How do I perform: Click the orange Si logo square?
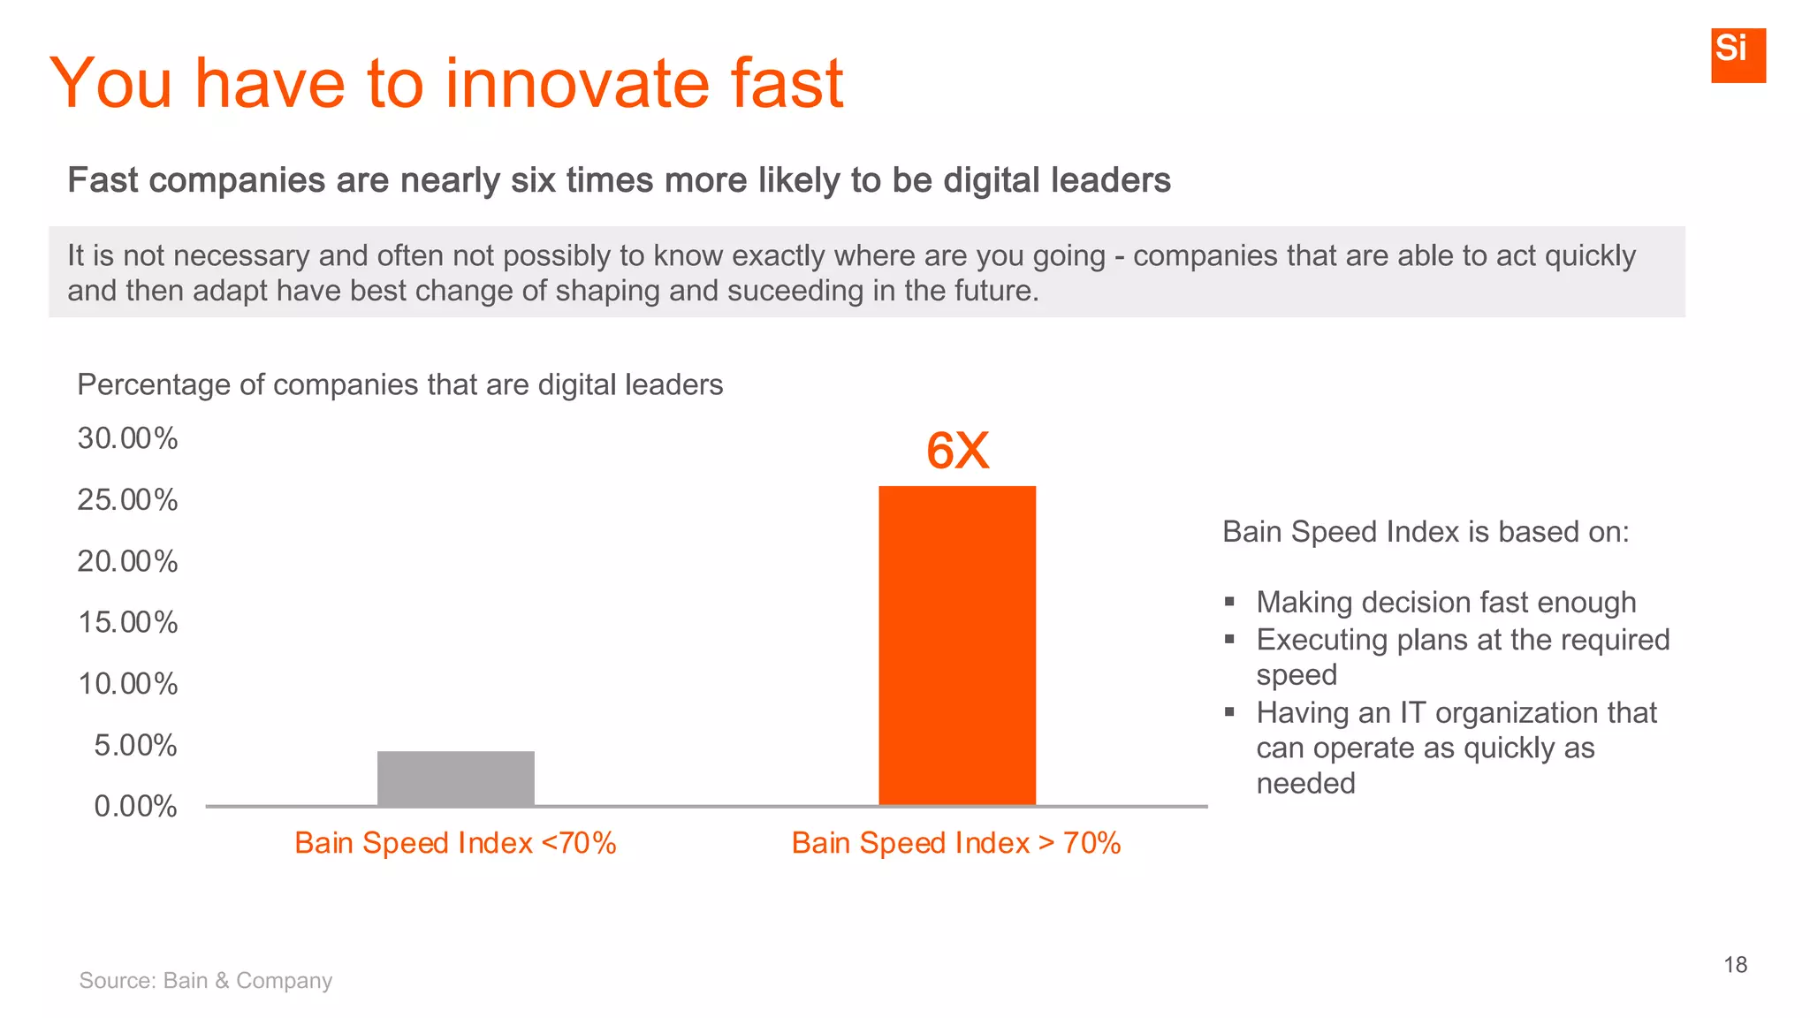(x=1738, y=55)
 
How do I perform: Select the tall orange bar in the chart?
(x=956, y=645)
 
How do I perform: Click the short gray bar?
(x=455, y=778)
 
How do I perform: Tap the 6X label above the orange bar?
(x=957, y=451)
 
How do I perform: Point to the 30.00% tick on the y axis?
(x=127, y=438)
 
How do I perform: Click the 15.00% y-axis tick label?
(x=127, y=622)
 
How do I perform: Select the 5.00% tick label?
(x=135, y=745)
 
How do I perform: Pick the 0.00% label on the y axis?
(x=135, y=806)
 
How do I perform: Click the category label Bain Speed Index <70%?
(x=455, y=843)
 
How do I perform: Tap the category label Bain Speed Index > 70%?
(x=956, y=843)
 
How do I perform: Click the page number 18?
(x=1735, y=965)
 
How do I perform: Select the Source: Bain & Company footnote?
(x=206, y=980)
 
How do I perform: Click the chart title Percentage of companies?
(x=399, y=384)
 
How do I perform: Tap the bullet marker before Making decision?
(x=1229, y=602)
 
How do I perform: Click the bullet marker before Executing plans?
(x=1229, y=639)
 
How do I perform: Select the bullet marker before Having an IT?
(x=1229, y=711)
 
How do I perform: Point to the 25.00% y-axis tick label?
(x=127, y=500)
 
